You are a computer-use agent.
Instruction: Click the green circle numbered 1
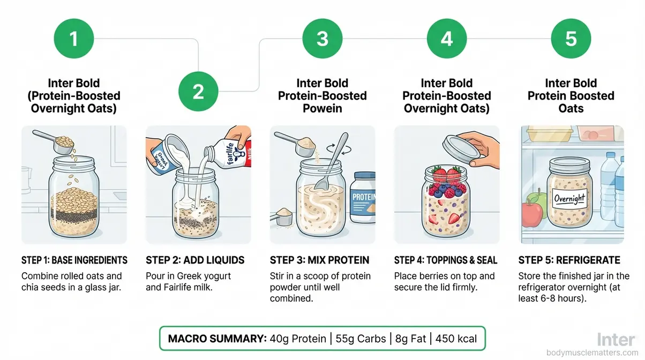[74, 39]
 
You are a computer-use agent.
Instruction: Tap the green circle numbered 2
[198, 92]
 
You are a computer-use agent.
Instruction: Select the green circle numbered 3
[322, 39]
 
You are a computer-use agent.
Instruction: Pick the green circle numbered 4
[447, 39]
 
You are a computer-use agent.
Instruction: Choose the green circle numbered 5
[571, 39]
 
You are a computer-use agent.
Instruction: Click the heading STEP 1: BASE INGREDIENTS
[74, 260]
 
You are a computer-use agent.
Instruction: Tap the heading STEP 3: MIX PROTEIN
[319, 260]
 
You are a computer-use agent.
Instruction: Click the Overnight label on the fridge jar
[569, 200]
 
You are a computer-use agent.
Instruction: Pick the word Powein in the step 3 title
[322, 109]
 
